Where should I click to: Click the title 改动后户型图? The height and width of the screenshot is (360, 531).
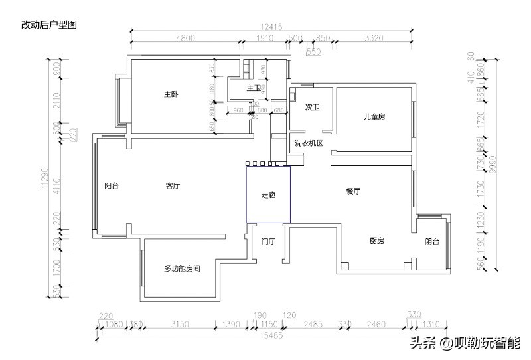[50, 25]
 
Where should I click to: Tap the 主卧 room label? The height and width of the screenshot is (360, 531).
[171, 95]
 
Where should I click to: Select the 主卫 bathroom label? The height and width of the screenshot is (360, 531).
[253, 88]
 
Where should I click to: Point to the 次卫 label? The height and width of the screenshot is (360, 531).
[313, 106]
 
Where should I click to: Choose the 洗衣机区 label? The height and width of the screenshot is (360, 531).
[308, 143]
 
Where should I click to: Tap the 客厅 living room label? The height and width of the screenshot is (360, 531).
[173, 187]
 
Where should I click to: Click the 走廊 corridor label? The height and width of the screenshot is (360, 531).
[268, 195]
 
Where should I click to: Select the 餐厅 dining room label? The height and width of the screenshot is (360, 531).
[352, 191]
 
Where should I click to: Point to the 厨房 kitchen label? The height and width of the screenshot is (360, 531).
[377, 241]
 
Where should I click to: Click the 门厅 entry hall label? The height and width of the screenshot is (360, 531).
[268, 241]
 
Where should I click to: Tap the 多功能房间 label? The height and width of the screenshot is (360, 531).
[182, 268]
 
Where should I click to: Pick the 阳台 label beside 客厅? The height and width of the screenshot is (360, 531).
[112, 187]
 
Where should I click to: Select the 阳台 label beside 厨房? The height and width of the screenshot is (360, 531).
[432, 242]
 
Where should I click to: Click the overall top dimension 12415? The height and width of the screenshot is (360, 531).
[272, 27]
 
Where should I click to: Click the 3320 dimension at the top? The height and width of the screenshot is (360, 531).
[374, 38]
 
